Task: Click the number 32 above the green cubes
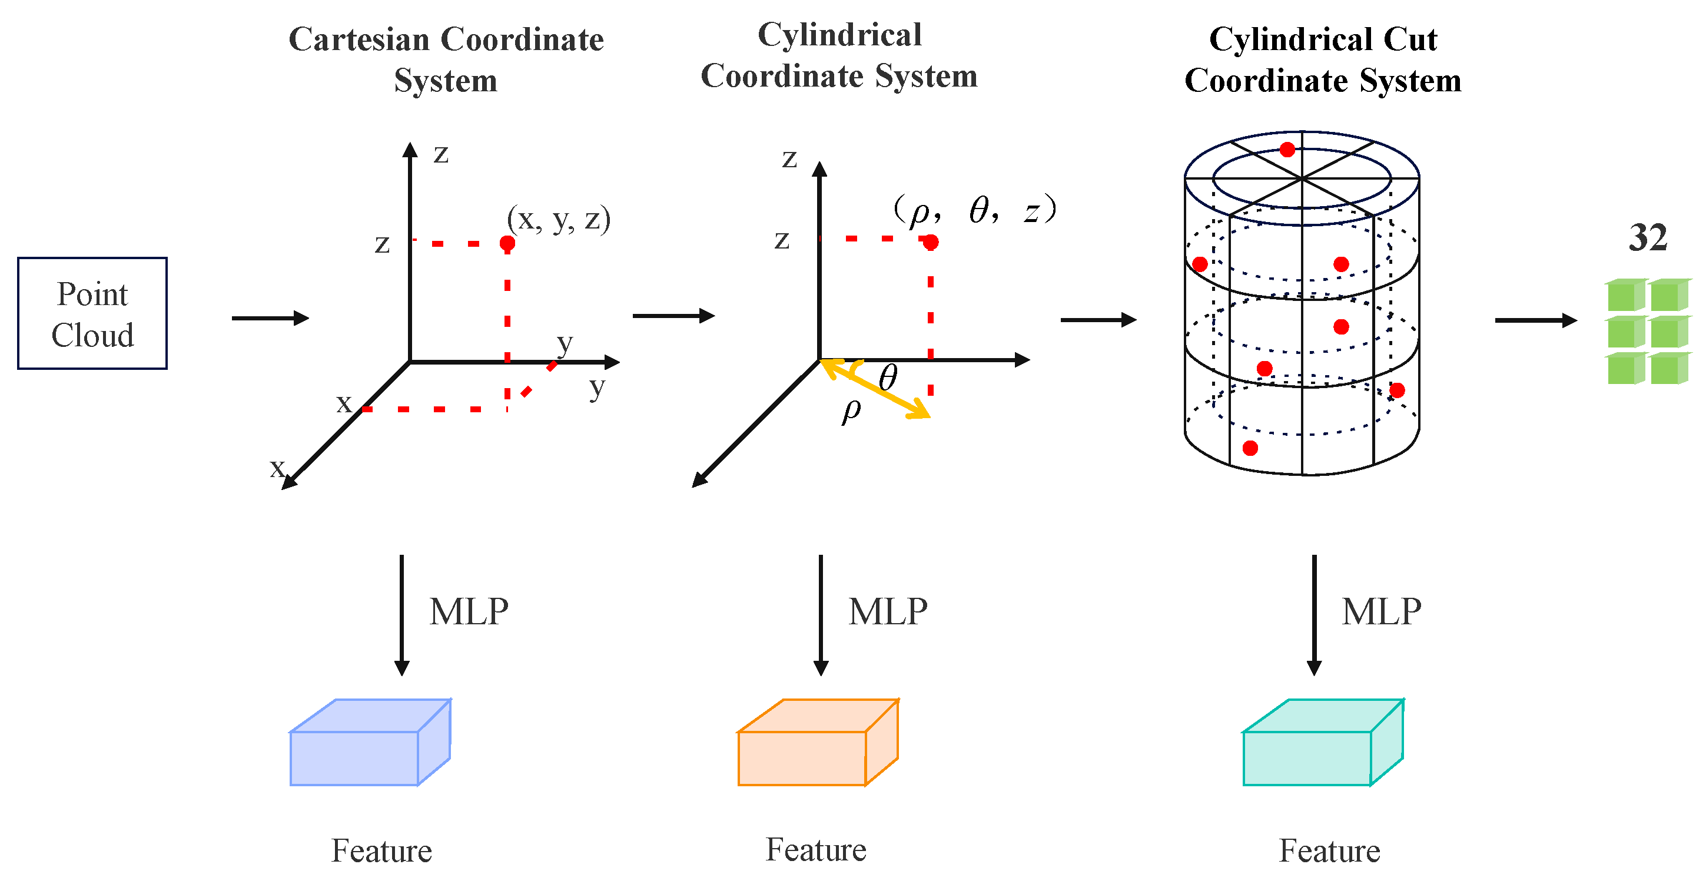(x=1648, y=238)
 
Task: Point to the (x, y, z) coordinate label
(x=558, y=218)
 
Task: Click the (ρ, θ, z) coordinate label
(x=974, y=211)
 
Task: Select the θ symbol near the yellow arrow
(x=888, y=378)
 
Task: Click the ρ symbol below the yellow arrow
(x=851, y=411)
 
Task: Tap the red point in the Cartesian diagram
(x=507, y=244)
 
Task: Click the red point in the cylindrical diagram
(x=931, y=243)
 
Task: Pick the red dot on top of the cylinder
(x=1287, y=150)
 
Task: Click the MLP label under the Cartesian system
(x=469, y=611)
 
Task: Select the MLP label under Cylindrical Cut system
(x=1381, y=611)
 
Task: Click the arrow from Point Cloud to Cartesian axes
(x=270, y=318)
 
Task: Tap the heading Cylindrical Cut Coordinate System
(x=1323, y=59)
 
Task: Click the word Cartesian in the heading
(x=359, y=40)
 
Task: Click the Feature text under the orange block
(x=816, y=849)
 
